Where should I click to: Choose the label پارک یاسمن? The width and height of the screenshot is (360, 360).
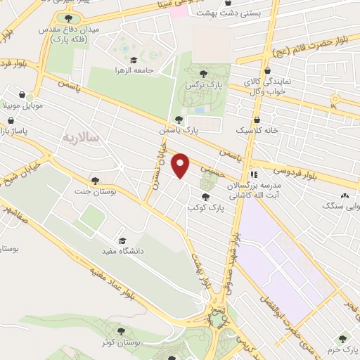click(x=198, y=130)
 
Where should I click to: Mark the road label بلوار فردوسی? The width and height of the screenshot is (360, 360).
click(x=290, y=173)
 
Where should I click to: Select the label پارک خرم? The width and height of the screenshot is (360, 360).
click(x=342, y=349)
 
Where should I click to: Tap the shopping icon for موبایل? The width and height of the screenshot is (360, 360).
click(x=22, y=95)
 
